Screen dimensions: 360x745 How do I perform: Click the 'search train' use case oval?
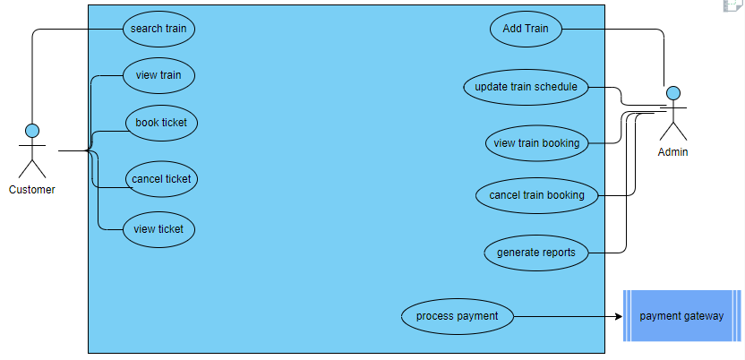pyautogui.click(x=158, y=29)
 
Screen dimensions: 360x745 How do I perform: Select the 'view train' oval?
pyautogui.click(x=158, y=75)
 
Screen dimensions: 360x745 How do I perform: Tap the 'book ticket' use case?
pyautogui.click(x=161, y=123)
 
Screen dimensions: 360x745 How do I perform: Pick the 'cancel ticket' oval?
pyautogui.click(x=161, y=179)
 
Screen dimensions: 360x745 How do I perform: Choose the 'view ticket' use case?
pyautogui.click(x=158, y=229)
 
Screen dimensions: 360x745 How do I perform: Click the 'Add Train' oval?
pyautogui.click(x=526, y=29)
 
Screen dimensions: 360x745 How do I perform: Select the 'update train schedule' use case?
pyautogui.click(x=527, y=87)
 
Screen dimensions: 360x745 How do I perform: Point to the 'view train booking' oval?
pyautogui.click(x=536, y=142)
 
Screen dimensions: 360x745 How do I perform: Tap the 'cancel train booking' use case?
pyautogui.click(x=536, y=195)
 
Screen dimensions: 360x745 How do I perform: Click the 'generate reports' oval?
pyautogui.click(x=536, y=253)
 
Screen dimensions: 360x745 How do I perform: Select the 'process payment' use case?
pyautogui.click(x=457, y=315)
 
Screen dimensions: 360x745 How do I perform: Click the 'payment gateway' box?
pyautogui.click(x=682, y=316)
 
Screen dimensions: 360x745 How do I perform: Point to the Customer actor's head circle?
pyautogui.click(x=32, y=131)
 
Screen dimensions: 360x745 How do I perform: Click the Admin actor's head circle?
pyautogui.click(x=673, y=93)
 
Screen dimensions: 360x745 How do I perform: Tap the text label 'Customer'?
pyautogui.click(x=32, y=190)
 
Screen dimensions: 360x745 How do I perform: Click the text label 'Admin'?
pyautogui.click(x=673, y=152)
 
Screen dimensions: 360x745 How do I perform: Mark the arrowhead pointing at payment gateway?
pyautogui.click(x=618, y=316)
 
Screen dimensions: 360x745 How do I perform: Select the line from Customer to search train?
pyautogui.click(x=72, y=29)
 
